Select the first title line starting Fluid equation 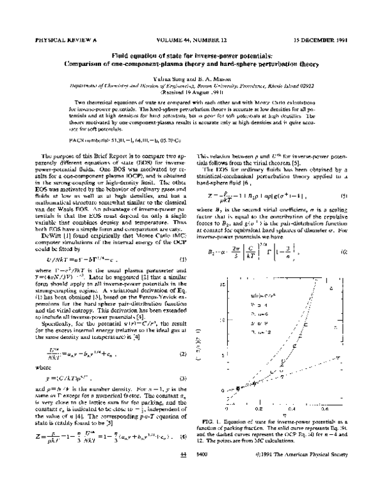(192, 56)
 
